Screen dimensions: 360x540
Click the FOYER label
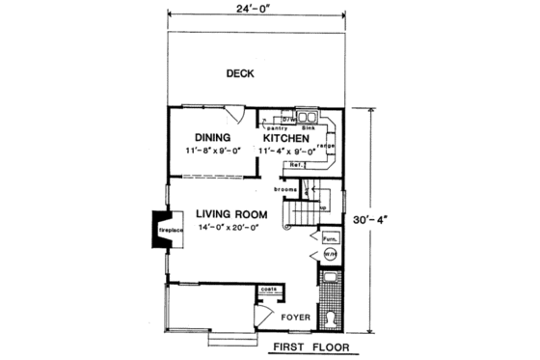point(294,315)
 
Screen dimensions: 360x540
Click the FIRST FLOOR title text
point(309,346)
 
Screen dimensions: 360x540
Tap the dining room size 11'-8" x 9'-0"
point(213,152)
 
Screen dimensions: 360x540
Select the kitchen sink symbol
point(310,118)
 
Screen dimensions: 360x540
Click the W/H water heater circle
point(330,255)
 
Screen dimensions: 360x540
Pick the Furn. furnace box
point(328,236)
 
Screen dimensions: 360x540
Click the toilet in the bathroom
point(330,316)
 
